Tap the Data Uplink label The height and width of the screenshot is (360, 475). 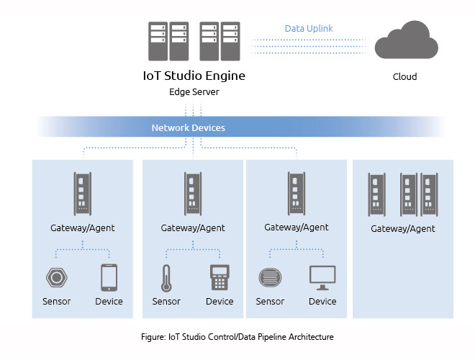[309, 29]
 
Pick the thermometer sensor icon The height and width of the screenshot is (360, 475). [166, 277]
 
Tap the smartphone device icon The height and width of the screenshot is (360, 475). [109, 277]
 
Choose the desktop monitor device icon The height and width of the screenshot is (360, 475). [322, 276]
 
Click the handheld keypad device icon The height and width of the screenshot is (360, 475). [219, 277]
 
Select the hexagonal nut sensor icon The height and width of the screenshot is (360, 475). [56, 277]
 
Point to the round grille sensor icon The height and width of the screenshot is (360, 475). [270, 276]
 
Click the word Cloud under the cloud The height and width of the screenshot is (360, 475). [404, 76]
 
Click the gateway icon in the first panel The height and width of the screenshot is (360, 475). [82, 194]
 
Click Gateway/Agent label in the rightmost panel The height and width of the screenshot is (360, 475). [403, 229]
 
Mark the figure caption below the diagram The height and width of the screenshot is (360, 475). [237, 336]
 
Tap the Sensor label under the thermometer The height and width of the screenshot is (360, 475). [166, 301]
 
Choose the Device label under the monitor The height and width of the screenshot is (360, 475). [322, 301]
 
